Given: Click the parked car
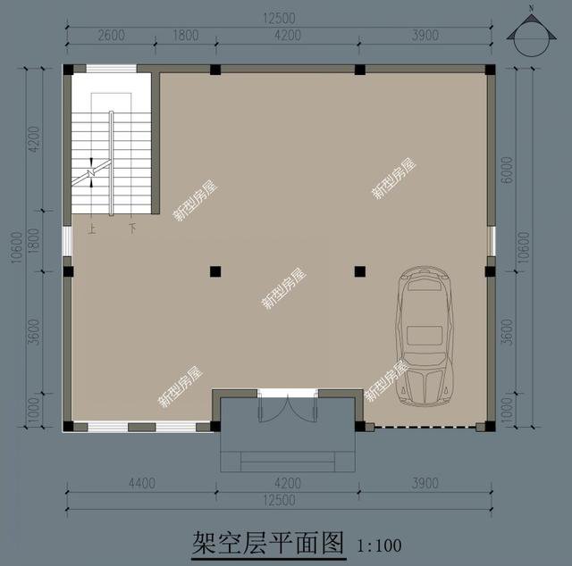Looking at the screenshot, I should point(425,335).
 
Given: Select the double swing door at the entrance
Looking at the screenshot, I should point(285,406).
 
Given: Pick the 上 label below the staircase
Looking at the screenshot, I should point(91,229).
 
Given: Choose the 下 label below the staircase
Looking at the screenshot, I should point(133,229).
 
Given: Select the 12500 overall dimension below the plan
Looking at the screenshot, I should point(279,500).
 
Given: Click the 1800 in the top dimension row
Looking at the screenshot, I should point(186,36).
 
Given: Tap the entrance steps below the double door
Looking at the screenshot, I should point(285,461).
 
